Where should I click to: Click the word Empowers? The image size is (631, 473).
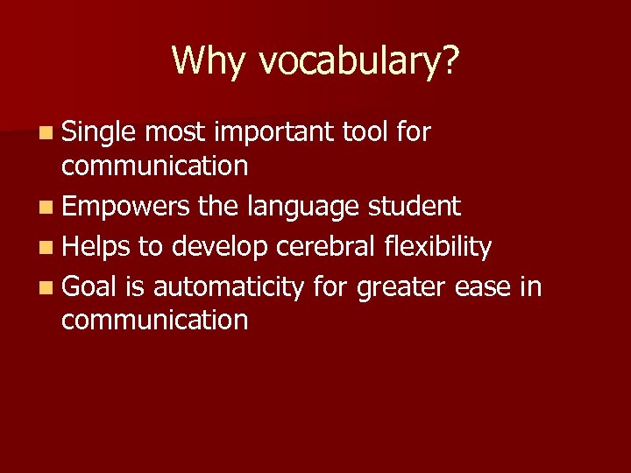click(x=125, y=208)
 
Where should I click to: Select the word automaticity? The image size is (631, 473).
click(x=229, y=286)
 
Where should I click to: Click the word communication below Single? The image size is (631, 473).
click(x=154, y=165)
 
